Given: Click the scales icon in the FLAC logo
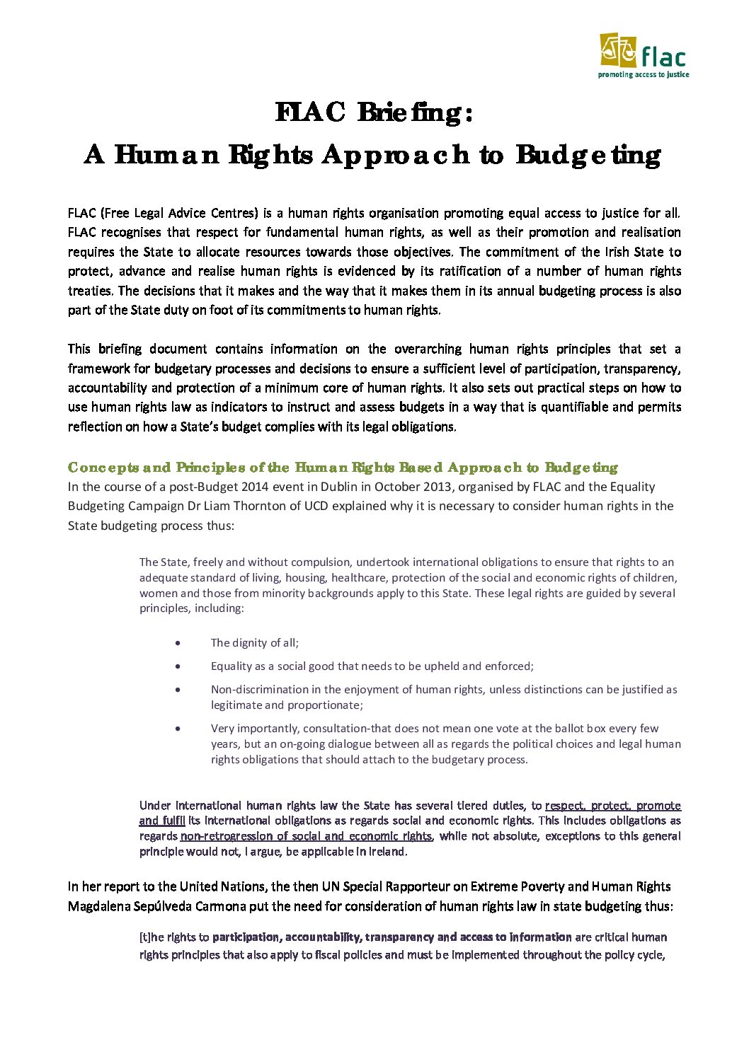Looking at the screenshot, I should [618, 50].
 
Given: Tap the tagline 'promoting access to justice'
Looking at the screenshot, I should [644, 74].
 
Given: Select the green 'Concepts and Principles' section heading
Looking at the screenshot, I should [343, 468].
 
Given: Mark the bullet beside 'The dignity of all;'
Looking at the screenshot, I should [178, 643].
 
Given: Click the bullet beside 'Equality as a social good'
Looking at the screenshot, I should [178, 666].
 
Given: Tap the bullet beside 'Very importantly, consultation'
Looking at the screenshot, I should [178, 728].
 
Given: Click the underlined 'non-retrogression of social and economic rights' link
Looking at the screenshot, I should [307, 836].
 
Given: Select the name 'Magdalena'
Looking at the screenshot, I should [98, 906].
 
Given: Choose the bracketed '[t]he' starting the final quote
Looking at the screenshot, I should [151, 937].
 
